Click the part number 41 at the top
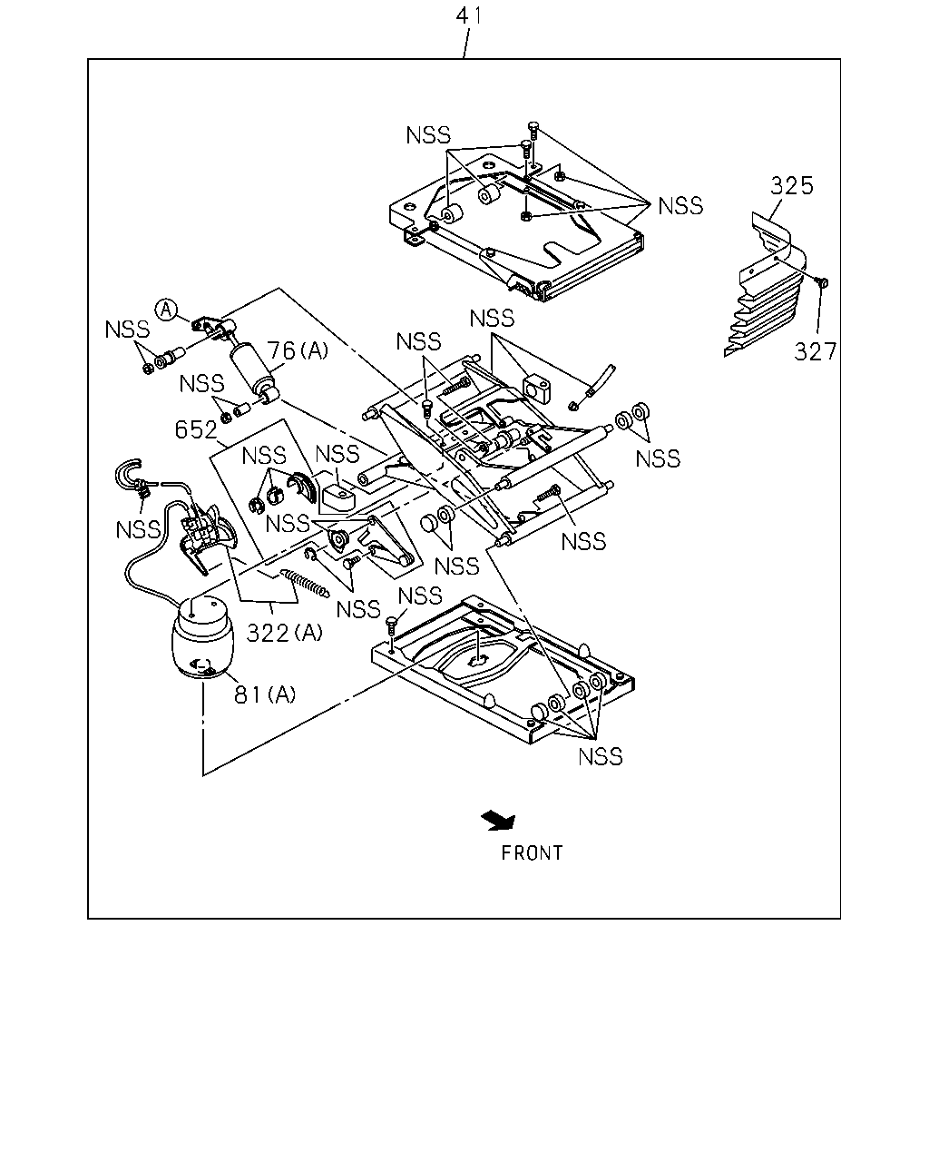tap(468, 15)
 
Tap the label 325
tap(791, 186)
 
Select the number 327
tap(815, 352)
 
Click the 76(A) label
tap(298, 351)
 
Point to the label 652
tap(196, 429)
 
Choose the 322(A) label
tap(285, 633)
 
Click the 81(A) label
tap(265, 694)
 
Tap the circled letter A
tap(166, 310)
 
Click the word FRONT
tap(532, 853)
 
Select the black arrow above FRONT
tap(499, 821)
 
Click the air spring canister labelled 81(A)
tap(203, 637)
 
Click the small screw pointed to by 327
tap(823, 281)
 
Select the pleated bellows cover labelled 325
tap(766, 285)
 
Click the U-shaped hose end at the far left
tap(127, 475)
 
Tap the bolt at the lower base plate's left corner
tap(391, 628)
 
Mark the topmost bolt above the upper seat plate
tap(533, 132)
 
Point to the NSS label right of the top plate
tap(680, 206)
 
